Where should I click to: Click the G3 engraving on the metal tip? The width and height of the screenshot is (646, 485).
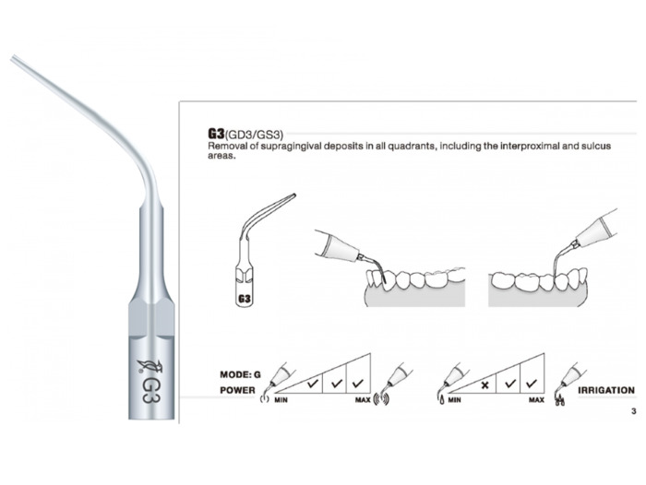coord(150,389)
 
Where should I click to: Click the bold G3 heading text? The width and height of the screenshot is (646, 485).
coord(216,134)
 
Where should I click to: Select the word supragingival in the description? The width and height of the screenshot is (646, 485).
coord(296,146)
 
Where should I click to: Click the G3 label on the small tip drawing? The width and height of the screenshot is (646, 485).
coord(245,299)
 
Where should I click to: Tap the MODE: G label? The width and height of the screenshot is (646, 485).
coord(240,374)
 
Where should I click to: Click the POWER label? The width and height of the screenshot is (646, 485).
coord(237,390)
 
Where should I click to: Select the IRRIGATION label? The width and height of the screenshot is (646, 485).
coord(606,390)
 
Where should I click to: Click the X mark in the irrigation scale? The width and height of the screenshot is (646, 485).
coord(484,385)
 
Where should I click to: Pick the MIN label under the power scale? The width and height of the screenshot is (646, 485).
coord(281,400)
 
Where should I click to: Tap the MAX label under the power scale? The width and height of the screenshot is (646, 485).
coord(363,400)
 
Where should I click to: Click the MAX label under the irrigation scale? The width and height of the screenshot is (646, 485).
coord(536,400)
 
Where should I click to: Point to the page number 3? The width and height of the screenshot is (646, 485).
coord(634,411)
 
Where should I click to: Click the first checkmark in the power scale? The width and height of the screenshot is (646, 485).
coord(313,384)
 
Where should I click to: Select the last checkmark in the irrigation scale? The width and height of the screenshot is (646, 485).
coord(532,384)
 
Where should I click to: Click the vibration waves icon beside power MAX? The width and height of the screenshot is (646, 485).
coord(381,399)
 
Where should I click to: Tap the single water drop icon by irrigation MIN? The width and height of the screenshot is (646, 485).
coord(442,399)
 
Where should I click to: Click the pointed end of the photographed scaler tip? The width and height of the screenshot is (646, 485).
coord(12,57)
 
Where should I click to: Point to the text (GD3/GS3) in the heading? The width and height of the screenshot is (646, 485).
coord(254,135)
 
